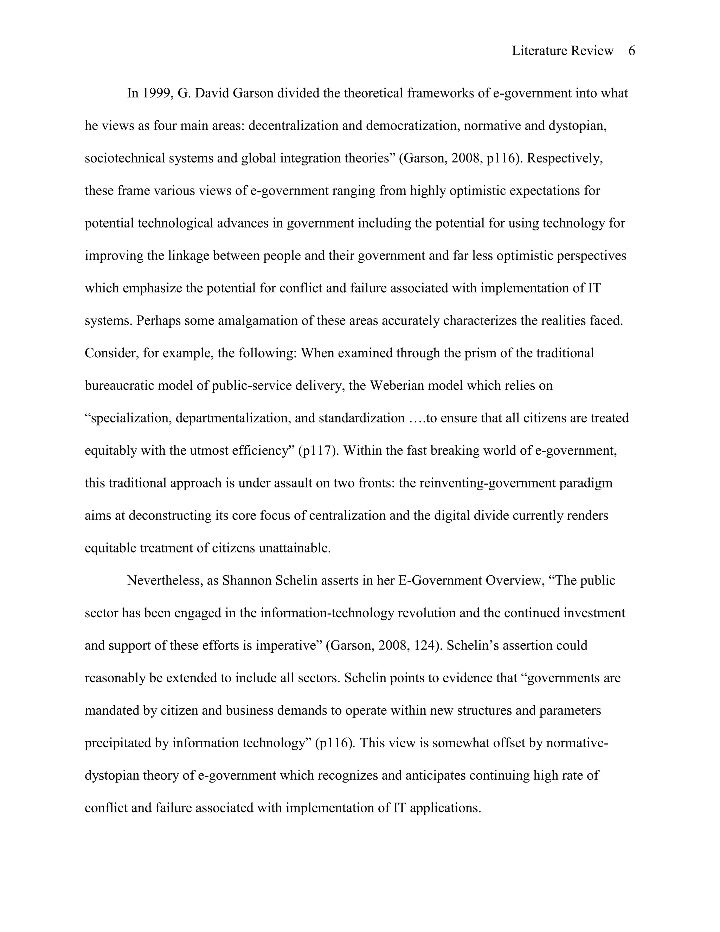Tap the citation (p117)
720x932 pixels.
coord(316,451)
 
